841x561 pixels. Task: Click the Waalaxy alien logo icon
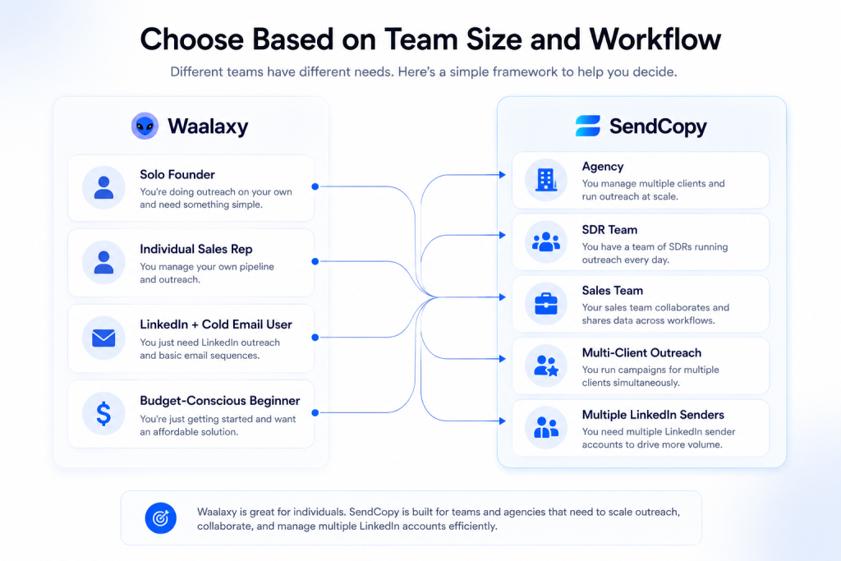point(145,126)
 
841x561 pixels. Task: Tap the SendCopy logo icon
point(588,126)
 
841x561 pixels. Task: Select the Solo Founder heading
point(177,174)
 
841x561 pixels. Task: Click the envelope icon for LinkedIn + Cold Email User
point(103,338)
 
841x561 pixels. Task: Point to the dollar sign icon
point(103,413)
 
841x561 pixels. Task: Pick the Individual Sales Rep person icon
point(103,262)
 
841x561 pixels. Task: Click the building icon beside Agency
point(546,180)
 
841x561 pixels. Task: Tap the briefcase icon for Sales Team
point(546,304)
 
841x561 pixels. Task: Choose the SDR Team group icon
point(546,241)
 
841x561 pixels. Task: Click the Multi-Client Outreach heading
point(641,353)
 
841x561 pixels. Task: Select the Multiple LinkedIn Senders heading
point(653,415)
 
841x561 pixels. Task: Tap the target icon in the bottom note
point(160,518)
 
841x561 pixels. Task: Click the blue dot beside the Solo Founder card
point(315,186)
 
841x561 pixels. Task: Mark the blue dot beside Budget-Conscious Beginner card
point(315,412)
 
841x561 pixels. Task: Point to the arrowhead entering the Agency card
point(503,175)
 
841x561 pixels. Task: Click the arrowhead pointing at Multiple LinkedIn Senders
point(503,421)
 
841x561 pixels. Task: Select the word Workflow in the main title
point(655,39)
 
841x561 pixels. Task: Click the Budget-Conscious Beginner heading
point(220,401)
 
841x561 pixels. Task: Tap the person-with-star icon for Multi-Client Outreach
point(546,366)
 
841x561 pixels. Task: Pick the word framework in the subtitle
point(525,71)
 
